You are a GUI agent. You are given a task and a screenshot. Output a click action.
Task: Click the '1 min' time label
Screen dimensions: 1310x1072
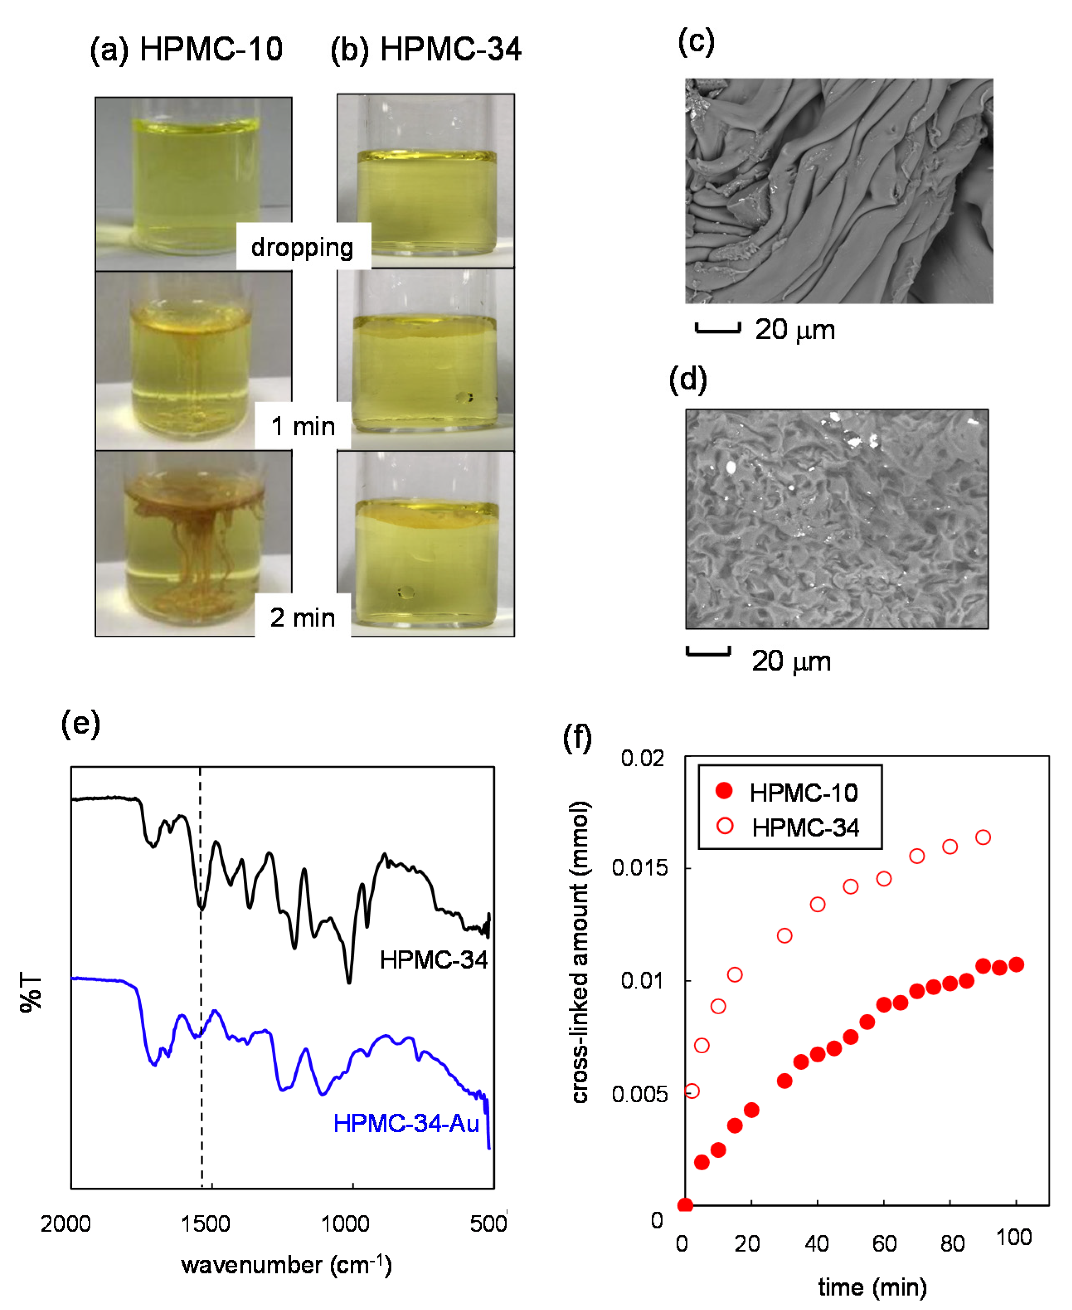click(x=303, y=426)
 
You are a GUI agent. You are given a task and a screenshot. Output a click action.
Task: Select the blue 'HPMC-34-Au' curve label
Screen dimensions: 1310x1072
click(x=406, y=1123)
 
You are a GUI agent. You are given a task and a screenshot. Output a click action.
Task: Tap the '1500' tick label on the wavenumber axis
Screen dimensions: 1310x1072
click(x=205, y=1223)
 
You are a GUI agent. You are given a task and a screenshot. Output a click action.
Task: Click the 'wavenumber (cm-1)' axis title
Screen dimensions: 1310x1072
click(x=286, y=1264)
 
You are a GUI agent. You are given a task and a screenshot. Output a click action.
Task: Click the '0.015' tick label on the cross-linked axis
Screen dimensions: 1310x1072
click(x=639, y=868)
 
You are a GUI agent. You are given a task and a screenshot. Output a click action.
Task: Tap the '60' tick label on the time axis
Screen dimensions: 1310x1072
click(x=884, y=1243)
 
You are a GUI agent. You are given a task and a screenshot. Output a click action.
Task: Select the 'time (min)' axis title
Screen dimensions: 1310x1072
click(x=872, y=1287)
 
